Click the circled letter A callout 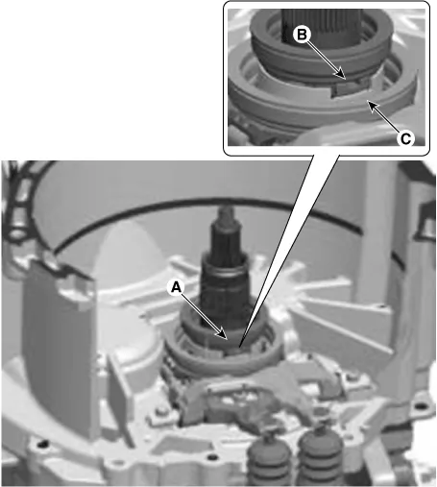click(176, 288)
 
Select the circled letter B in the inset click(302, 35)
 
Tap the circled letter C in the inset click(406, 138)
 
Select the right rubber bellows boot click(321, 453)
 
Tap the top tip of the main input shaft click(226, 208)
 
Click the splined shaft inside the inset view click(321, 25)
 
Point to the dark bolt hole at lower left click(41, 444)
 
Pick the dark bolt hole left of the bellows click(211, 458)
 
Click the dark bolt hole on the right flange click(420, 406)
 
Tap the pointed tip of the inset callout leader click(239, 347)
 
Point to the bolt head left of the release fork click(160, 412)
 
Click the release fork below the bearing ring click(243, 396)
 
